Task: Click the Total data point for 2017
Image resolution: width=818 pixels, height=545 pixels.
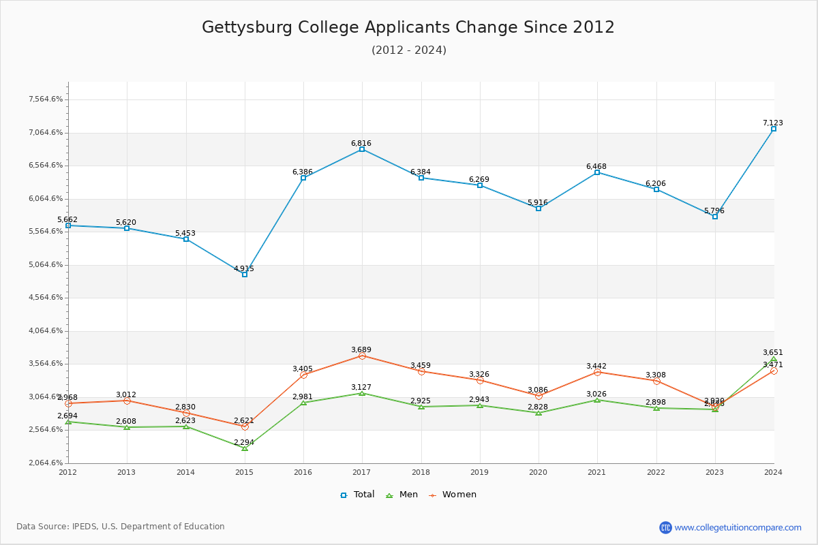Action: pyautogui.click(x=362, y=149)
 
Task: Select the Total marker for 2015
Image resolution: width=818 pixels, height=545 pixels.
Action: pyautogui.click(x=245, y=275)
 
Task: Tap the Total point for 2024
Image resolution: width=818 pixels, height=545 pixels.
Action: pyautogui.click(x=774, y=129)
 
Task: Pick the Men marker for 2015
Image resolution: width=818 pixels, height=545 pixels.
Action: pyautogui.click(x=245, y=448)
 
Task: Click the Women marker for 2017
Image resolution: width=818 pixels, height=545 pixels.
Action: pyautogui.click(x=362, y=356)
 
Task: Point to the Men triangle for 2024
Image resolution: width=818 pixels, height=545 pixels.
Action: pyautogui.click(x=774, y=360)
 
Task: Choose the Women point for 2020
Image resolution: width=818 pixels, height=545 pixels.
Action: pyautogui.click(x=539, y=396)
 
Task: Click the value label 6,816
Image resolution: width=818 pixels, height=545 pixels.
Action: pyautogui.click(x=361, y=143)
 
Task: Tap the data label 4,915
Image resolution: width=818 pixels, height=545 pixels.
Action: pyautogui.click(x=244, y=268)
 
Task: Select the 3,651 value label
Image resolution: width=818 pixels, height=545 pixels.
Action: pyautogui.click(x=773, y=352)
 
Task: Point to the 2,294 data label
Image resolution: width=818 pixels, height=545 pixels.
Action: pyautogui.click(x=244, y=442)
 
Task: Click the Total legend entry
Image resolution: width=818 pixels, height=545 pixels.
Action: pyautogui.click(x=357, y=495)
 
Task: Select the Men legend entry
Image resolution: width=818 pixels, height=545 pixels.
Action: pyautogui.click(x=402, y=495)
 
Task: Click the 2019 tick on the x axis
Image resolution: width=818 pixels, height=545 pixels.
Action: pyautogui.click(x=480, y=472)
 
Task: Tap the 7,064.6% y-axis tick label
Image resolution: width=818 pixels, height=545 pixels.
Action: pyautogui.click(x=46, y=132)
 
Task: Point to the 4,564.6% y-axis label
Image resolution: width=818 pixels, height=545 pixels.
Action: pyautogui.click(x=46, y=298)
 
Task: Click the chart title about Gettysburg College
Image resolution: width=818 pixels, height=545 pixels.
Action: pyautogui.click(x=408, y=27)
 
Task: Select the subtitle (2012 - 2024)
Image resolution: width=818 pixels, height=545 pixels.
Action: pyautogui.click(x=409, y=50)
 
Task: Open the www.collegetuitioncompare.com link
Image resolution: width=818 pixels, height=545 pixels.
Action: pyautogui.click(x=738, y=527)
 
